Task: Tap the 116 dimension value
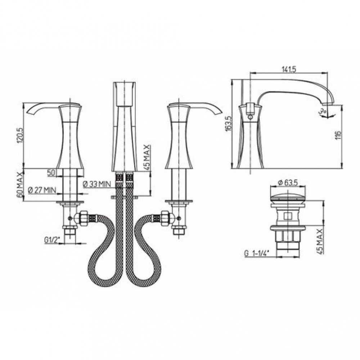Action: (x=338, y=135)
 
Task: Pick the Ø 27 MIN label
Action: (x=42, y=190)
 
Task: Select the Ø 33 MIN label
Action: (x=96, y=184)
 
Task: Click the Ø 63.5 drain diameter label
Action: (x=288, y=183)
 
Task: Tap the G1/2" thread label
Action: (x=52, y=240)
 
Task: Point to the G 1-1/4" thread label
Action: (x=257, y=253)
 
